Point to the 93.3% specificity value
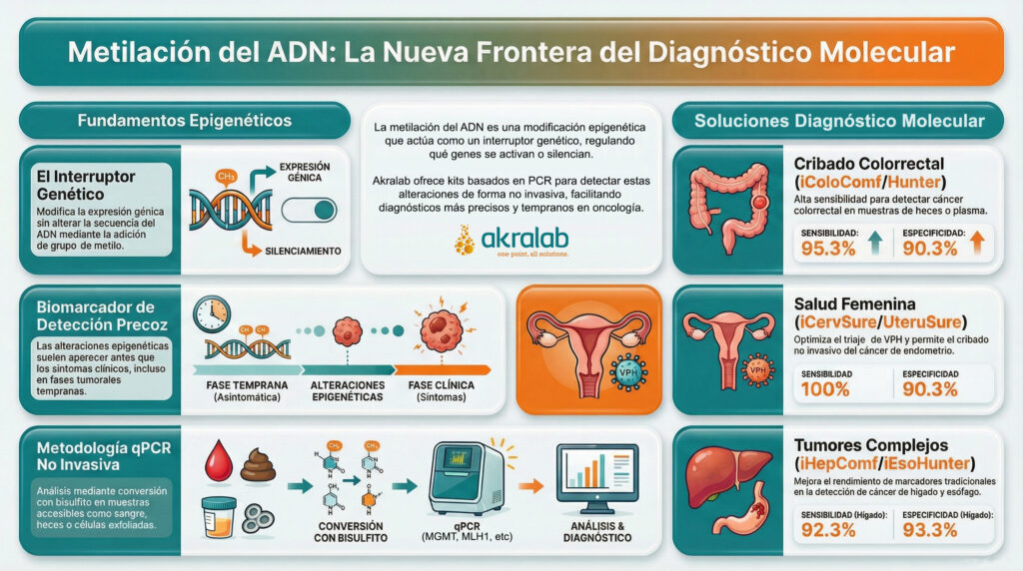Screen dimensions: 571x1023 (935, 531)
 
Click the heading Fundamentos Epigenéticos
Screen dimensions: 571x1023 (185, 121)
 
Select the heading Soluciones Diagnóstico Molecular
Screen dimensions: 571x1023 (839, 122)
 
